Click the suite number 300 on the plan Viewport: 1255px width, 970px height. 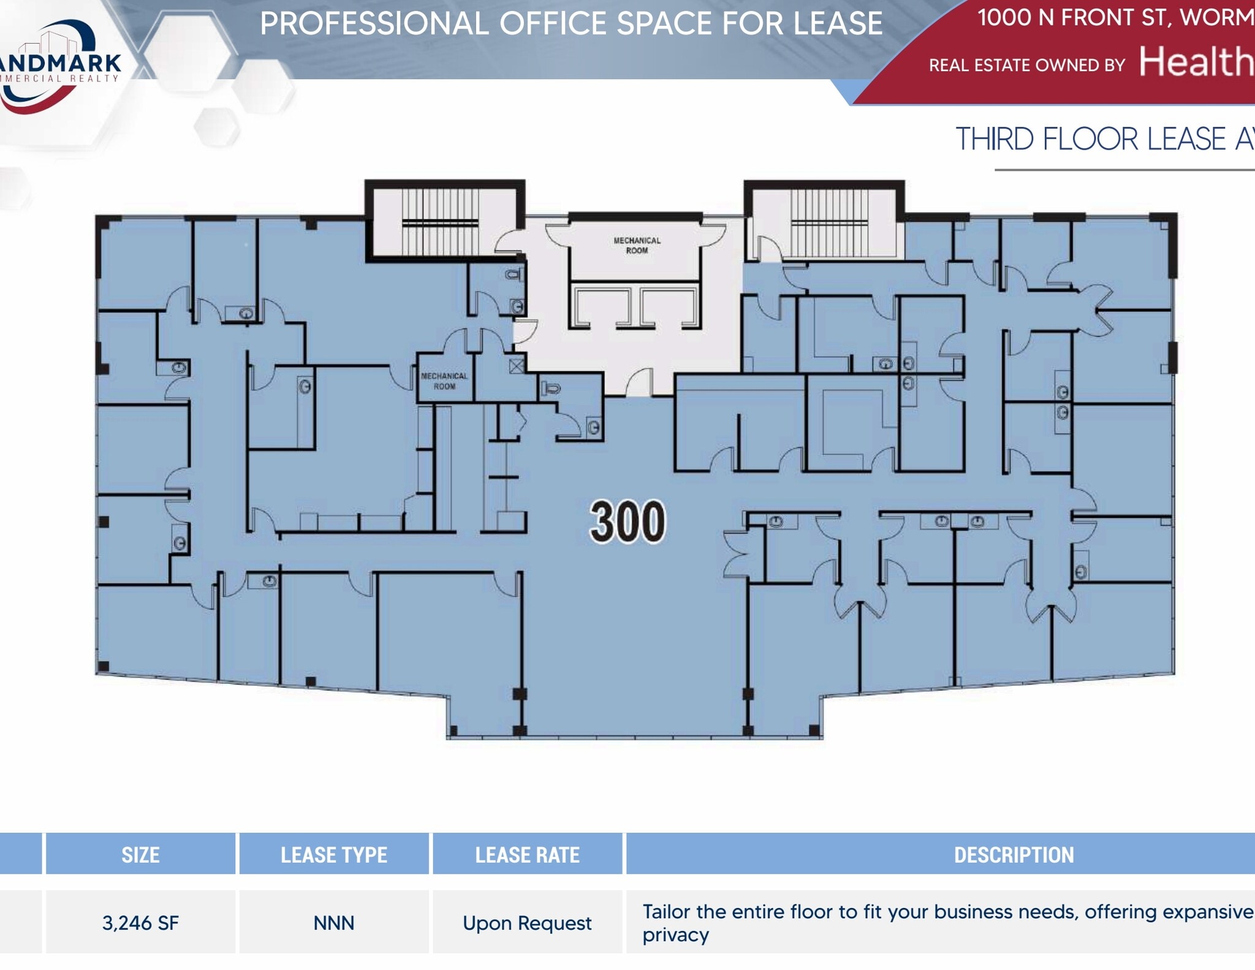[x=627, y=521]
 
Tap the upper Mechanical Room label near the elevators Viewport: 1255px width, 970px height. [x=637, y=245]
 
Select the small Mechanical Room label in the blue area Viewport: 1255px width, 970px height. [x=444, y=381]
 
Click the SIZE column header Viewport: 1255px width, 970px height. [x=140, y=855]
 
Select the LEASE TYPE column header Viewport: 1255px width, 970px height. [x=333, y=855]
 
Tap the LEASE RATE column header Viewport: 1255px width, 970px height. [x=527, y=855]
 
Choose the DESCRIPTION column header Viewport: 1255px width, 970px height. [x=1014, y=855]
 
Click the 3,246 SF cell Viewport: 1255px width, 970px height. [x=140, y=923]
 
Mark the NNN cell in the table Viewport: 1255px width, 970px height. [x=333, y=923]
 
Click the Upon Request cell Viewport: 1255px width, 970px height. [x=527, y=923]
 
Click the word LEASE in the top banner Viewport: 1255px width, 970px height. [x=837, y=23]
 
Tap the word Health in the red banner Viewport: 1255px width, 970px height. [x=1195, y=62]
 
